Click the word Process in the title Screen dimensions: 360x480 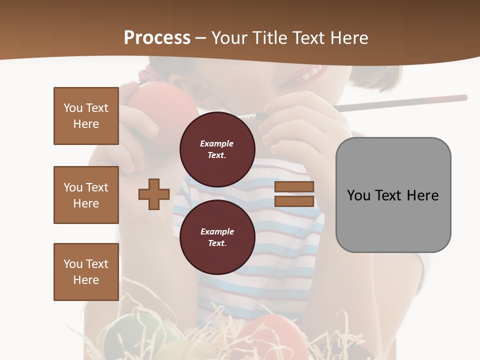pos(157,37)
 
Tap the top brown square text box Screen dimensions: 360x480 pos(86,116)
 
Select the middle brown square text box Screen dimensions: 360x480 pos(86,195)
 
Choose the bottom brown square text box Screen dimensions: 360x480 pos(86,272)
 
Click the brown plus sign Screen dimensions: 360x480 pos(154,194)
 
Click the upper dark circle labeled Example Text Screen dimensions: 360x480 pos(217,149)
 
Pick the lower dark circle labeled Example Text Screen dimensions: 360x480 pos(217,237)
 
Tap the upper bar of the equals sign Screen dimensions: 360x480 pos(294,187)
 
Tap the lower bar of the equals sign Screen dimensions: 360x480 pos(294,201)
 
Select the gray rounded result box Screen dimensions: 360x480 pos(393,195)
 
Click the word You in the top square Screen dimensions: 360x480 pos(72,108)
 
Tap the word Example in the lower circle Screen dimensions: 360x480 pos(217,231)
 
